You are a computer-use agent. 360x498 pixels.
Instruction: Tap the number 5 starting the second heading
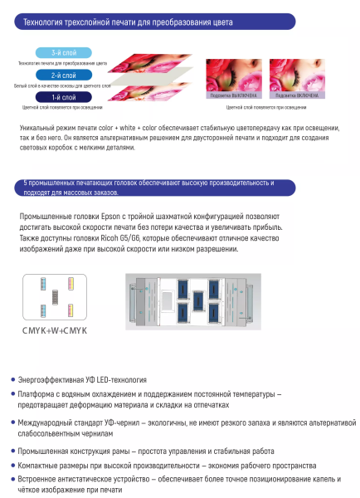pyautogui.click(x=27, y=181)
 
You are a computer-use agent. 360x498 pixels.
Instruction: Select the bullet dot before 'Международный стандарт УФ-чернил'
pyautogui.click(x=12, y=423)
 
